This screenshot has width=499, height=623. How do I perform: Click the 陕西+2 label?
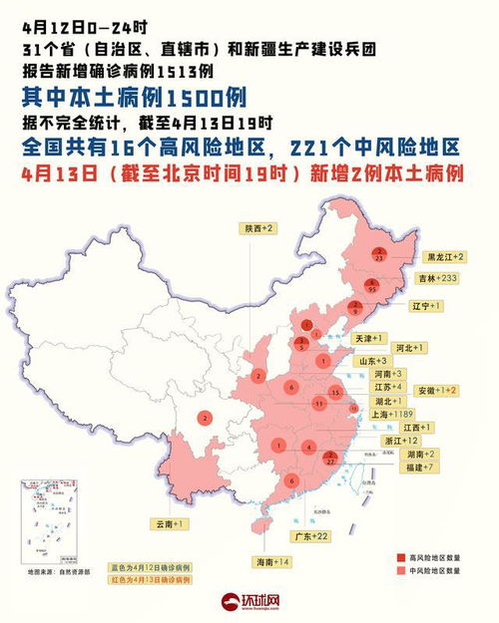point(258,228)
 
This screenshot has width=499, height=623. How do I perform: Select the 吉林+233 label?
point(441,278)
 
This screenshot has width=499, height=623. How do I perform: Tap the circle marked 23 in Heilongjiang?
point(379,254)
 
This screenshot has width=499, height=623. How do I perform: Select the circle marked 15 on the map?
point(336,395)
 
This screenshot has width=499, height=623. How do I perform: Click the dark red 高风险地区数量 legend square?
point(402,555)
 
